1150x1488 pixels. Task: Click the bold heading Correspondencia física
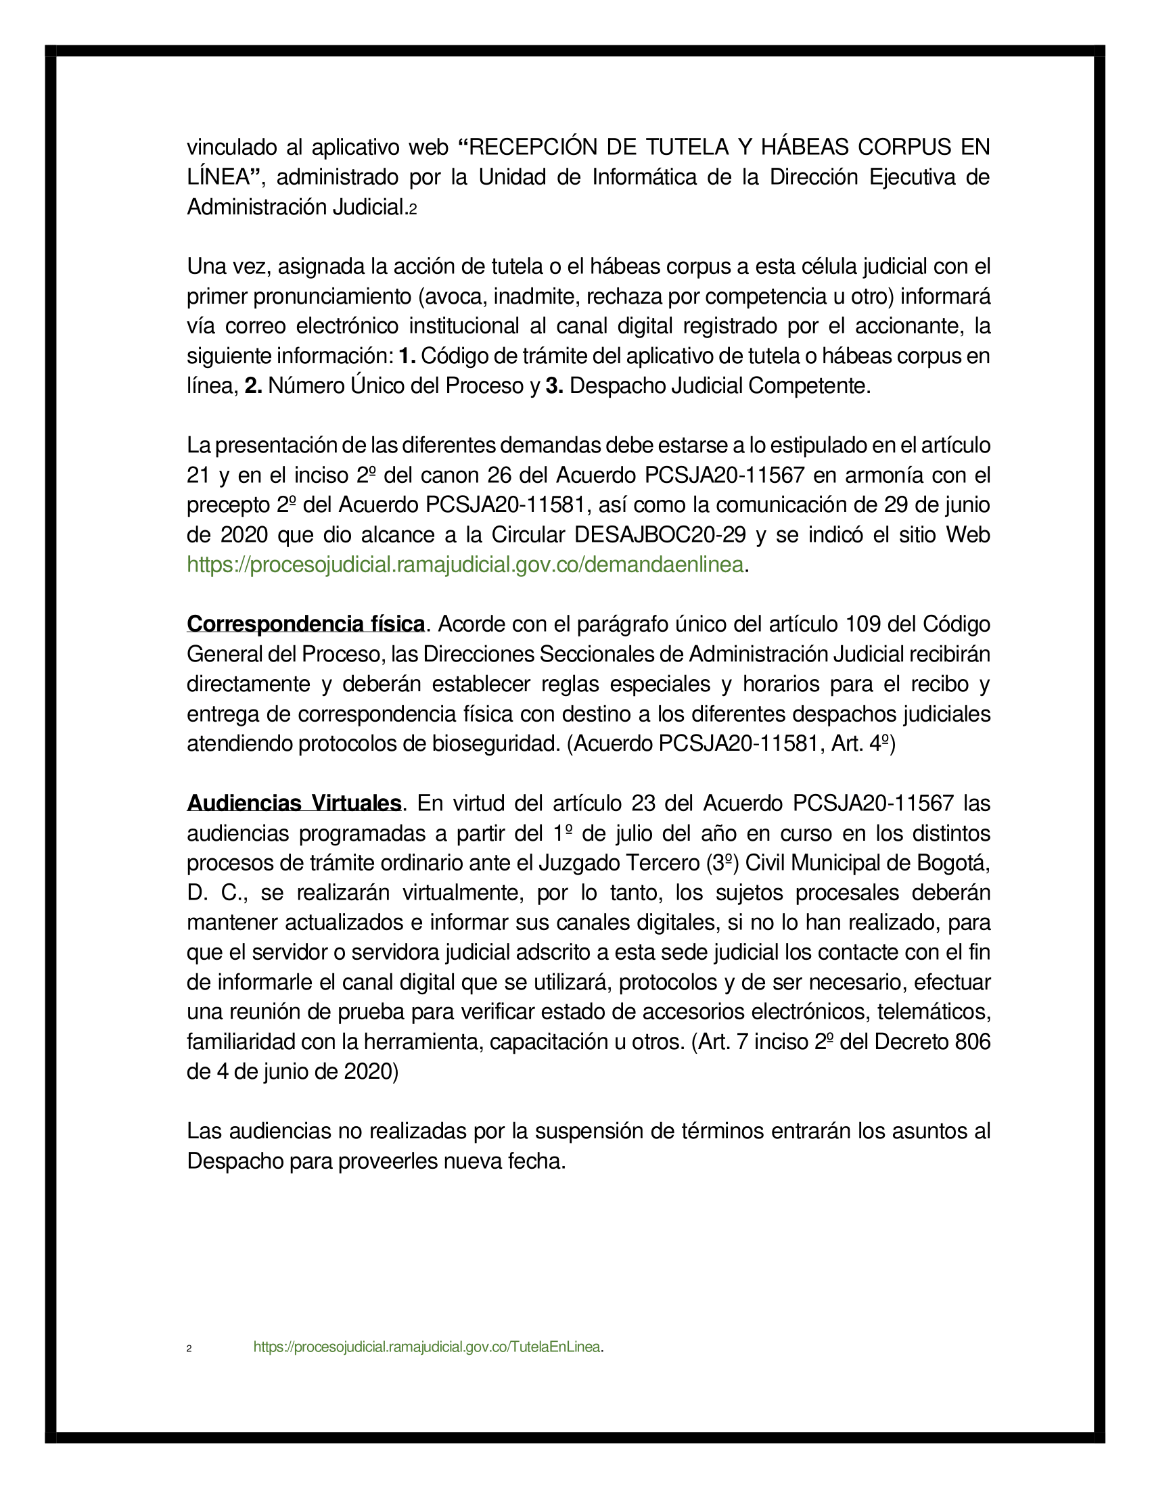click(x=306, y=624)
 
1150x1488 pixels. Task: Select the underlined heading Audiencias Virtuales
click(x=294, y=804)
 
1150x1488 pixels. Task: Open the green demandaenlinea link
click(x=465, y=565)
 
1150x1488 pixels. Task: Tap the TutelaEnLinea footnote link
click(x=427, y=1347)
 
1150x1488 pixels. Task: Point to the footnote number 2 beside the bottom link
click(x=189, y=1348)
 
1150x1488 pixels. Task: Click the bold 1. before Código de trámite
click(x=407, y=356)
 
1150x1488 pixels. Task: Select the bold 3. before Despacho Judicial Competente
click(x=554, y=386)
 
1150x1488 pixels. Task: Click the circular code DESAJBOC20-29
click(x=660, y=535)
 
